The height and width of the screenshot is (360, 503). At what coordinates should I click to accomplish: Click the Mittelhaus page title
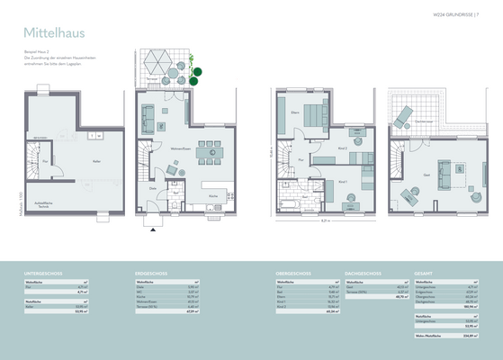coord(53,32)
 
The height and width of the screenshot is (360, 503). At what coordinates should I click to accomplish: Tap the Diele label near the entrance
coord(154,187)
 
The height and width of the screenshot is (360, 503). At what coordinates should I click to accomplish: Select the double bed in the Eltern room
coord(314,115)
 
